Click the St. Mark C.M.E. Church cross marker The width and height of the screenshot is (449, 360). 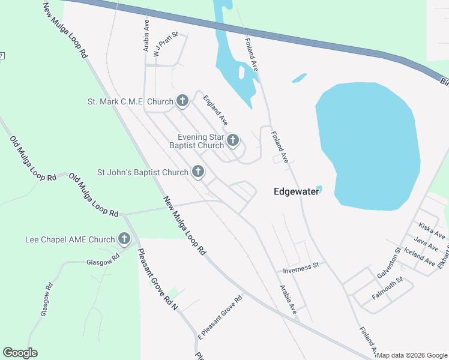click(182, 101)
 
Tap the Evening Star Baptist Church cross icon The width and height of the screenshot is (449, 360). click(233, 141)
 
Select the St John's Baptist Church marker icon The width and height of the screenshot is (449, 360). click(197, 172)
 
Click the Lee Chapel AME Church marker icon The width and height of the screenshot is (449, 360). click(124, 239)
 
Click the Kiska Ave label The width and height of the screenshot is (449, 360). click(432, 230)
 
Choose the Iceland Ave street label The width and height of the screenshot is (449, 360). click(420, 256)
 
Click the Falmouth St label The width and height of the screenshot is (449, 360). click(387, 287)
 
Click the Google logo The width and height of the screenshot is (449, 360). click(20, 353)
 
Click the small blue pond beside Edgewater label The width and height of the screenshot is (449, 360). click(319, 190)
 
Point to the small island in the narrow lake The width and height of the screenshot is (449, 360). click(241, 72)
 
